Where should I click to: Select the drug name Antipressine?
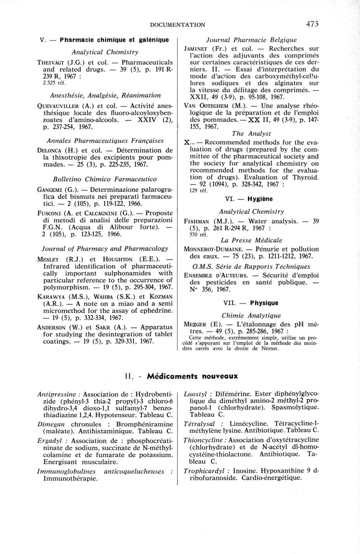[56, 394]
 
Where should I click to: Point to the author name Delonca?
[51, 150]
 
